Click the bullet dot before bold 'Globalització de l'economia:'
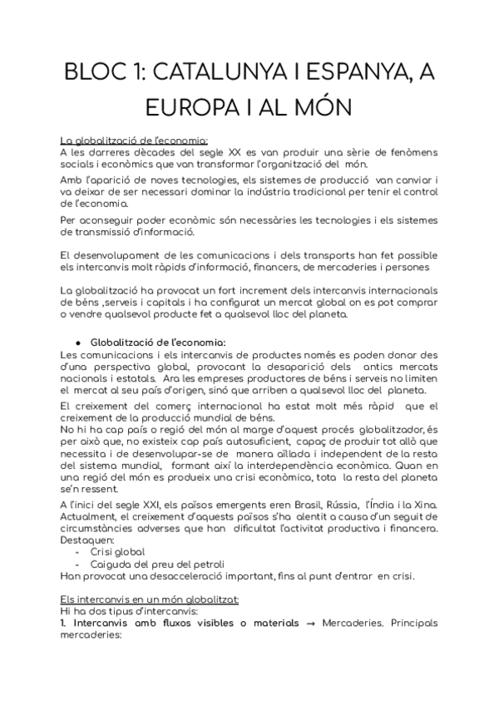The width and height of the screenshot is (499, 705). click(77, 317)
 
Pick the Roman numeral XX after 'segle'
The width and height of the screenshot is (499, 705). click(235, 152)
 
